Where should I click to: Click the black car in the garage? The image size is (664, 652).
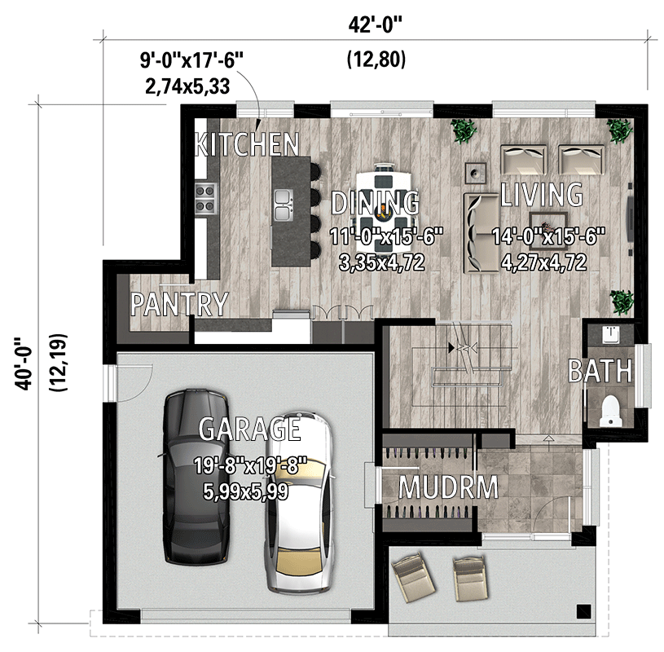click(x=196, y=477)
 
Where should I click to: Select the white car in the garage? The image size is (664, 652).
click(x=299, y=505)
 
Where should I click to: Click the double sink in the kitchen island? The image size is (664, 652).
click(x=284, y=205)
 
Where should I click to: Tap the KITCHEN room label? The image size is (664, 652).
click(x=247, y=145)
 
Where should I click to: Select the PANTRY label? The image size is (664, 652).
click(x=179, y=304)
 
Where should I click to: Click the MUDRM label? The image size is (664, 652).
click(x=447, y=487)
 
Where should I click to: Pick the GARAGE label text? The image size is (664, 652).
click(x=249, y=429)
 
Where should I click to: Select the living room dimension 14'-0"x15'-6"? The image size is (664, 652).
click(x=547, y=237)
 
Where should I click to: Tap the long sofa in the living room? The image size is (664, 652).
click(x=476, y=232)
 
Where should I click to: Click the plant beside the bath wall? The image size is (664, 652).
click(x=623, y=302)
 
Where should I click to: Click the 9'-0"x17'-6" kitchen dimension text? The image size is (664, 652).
click(x=191, y=59)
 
